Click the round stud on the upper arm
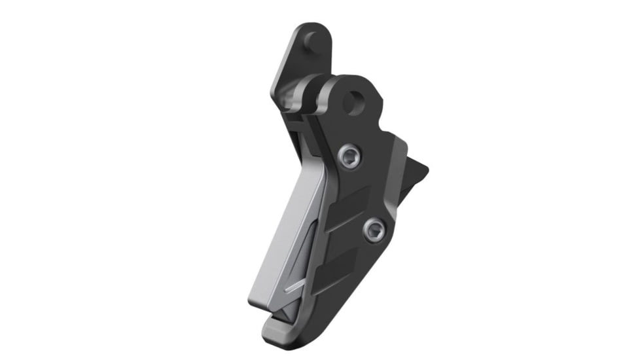tap(313, 42)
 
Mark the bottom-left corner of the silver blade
tap(253, 302)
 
